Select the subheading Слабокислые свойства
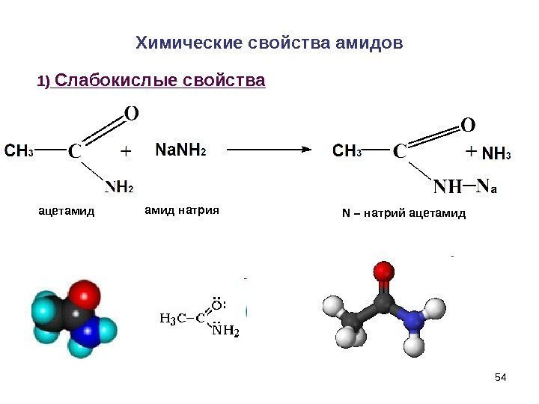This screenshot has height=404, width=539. (160, 79)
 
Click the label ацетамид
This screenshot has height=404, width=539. (67, 212)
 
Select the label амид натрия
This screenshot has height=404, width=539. (180, 211)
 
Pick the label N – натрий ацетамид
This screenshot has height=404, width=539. (404, 213)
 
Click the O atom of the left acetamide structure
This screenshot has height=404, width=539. (131, 114)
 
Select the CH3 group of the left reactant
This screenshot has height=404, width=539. (19, 150)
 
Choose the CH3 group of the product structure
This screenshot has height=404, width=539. (347, 152)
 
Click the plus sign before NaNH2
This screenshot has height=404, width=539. (125, 151)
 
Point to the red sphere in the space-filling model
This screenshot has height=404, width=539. (83, 296)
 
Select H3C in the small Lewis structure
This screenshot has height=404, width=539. (172, 319)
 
